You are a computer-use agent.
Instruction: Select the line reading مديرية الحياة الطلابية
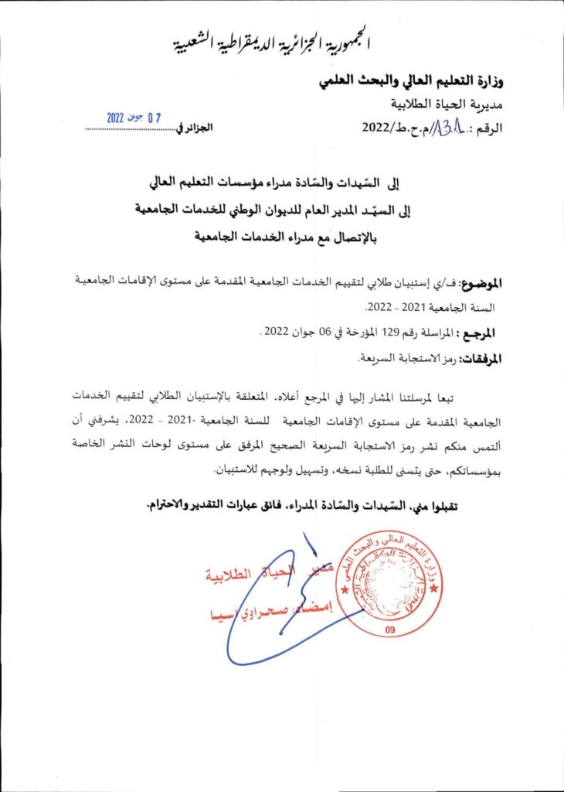coord(446,104)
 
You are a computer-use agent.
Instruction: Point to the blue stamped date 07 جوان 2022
coord(134,118)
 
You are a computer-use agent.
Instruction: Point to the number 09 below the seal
coord(387,631)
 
